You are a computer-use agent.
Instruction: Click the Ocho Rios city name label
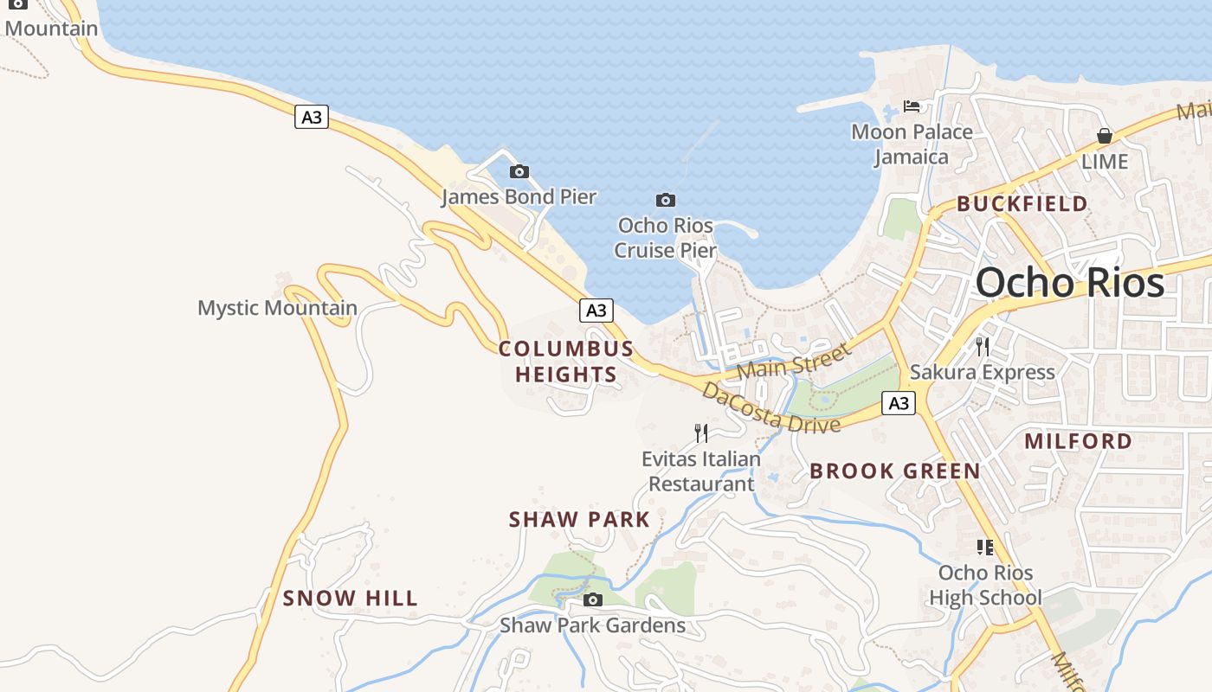click(x=1070, y=283)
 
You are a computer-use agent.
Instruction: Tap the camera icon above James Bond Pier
click(x=519, y=171)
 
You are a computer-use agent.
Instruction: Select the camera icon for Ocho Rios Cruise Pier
click(x=665, y=201)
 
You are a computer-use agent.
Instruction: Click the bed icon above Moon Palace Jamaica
click(x=912, y=106)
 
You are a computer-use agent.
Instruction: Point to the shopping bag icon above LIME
click(x=1104, y=136)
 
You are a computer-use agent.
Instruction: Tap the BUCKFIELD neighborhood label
click(x=1022, y=204)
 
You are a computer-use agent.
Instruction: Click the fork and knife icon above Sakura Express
click(x=983, y=347)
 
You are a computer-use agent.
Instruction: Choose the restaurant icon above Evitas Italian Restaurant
click(x=701, y=433)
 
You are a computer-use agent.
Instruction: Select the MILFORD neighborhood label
click(x=1078, y=441)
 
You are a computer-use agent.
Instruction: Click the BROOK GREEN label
click(x=895, y=471)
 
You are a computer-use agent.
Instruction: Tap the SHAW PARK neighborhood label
click(x=579, y=520)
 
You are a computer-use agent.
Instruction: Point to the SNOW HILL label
click(x=351, y=598)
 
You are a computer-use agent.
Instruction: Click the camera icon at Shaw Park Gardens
click(x=593, y=600)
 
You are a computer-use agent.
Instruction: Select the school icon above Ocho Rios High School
click(x=984, y=548)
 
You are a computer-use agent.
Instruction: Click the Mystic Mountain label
click(x=277, y=308)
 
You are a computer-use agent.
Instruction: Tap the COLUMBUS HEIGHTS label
click(x=566, y=362)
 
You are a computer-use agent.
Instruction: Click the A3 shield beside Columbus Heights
click(x=596, y=311)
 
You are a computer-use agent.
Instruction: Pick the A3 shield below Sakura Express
click(x=899, y=402)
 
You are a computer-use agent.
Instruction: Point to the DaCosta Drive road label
click(x=770, y=408)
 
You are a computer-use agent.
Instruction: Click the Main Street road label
click(x=794, y=361)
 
